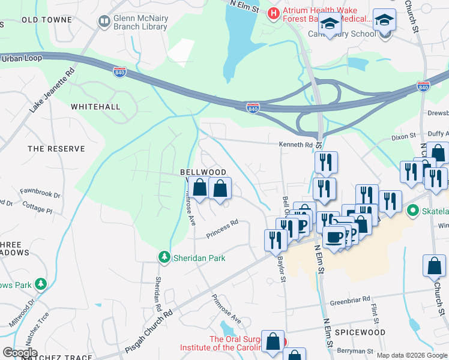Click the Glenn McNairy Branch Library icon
104,21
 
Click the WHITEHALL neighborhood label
95,106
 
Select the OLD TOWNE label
47,20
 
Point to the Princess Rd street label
223,227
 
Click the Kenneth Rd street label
296,145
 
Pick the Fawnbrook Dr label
40,195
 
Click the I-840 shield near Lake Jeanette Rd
120,71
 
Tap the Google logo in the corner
20,352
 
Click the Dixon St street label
403,137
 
